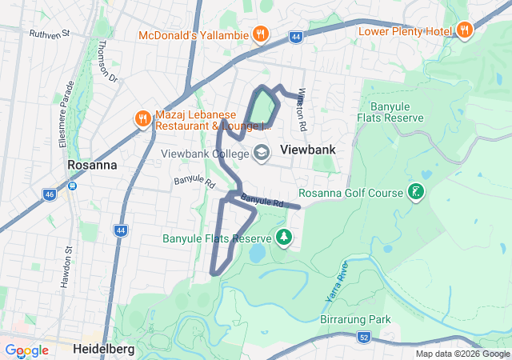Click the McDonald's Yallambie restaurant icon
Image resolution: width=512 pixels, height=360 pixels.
click(x=260, y=34)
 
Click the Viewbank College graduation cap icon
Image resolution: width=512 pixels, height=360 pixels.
click(x=262, y=152)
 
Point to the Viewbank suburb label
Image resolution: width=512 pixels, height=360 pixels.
click(x=307, y=150)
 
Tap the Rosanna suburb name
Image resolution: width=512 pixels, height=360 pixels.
click(x=92, y=165)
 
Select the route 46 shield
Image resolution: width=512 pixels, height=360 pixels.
click(x=50, y=194)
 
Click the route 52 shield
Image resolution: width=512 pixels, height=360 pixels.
click(x=364, y=339)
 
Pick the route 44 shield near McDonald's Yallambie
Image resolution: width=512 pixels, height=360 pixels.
click(x=296, y=37)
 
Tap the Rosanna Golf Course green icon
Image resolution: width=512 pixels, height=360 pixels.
click(x=415, y=192)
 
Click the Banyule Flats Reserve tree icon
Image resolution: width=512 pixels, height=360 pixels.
click(x=283, y=238)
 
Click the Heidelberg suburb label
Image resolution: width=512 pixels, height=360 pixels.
click(x=106, y=350)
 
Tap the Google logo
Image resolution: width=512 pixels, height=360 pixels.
click(x=26, y=350)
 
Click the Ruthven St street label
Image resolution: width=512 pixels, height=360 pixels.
click(x=50, y=34)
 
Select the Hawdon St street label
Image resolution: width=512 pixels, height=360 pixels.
click(x=66, y=266)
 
